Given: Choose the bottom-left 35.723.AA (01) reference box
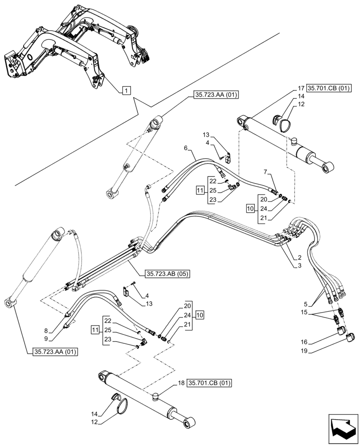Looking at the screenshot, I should (x=55, y=352).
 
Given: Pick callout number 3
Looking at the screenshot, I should (x=300, y=266).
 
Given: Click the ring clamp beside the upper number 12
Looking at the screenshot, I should (x=282, y=121).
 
